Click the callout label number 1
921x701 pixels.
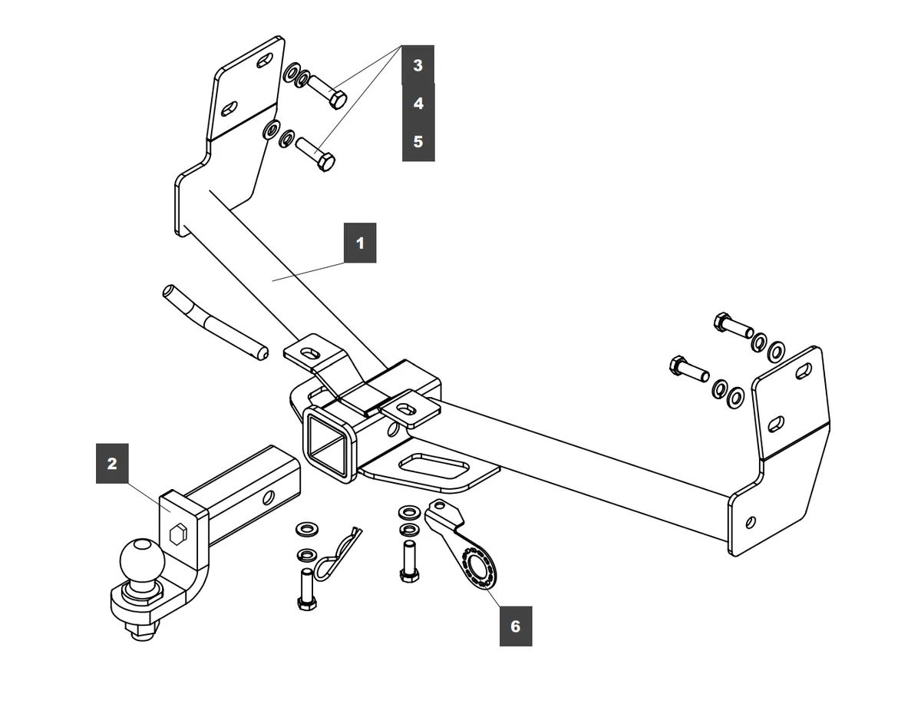click(x=360, y=243)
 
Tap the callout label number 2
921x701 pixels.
click(x=112, y=463)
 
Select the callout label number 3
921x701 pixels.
click(x=418, y=65)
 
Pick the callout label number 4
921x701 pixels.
click(x=418, y=103)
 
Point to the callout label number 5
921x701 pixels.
click(x=418, y=141)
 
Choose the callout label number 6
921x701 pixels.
click(x=515, y=627)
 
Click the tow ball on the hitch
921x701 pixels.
click(x=143, y=560)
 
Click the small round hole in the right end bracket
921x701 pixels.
click(x=750, y=523)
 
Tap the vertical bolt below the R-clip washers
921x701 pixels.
click(x=305, y=587)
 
